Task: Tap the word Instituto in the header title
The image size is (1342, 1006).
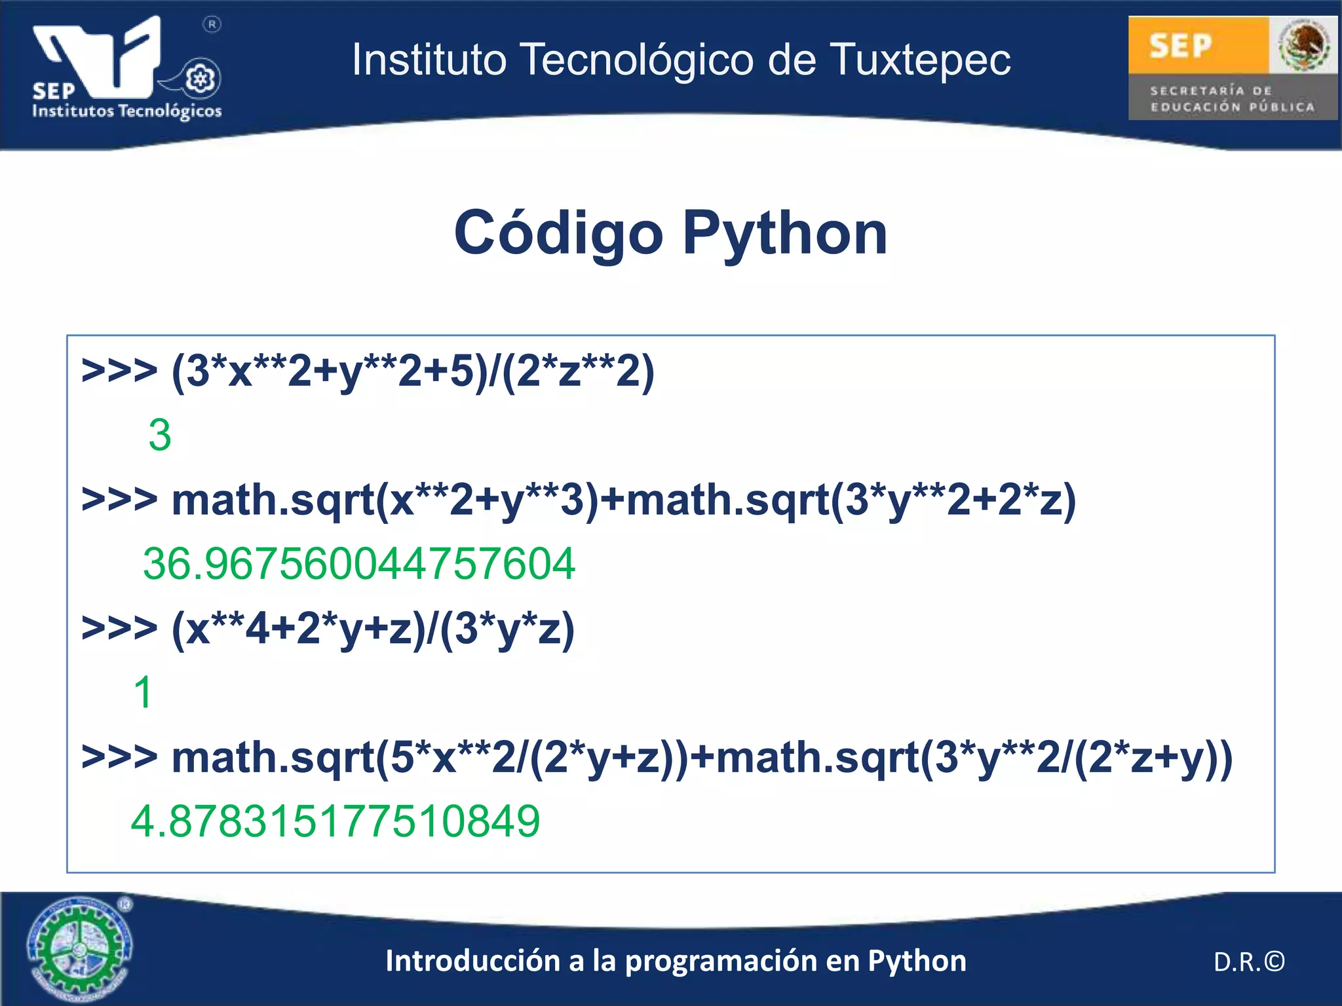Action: pos(429,60)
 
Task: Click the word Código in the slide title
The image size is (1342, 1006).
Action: pos(558,233)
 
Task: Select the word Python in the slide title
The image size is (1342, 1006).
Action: pos(785,233)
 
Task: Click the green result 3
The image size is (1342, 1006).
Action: pos(160,435)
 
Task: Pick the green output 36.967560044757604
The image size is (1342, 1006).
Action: pos(359,563)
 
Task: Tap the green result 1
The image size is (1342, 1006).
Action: pos(143,692)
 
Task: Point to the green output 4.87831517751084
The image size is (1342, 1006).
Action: pos(335,821)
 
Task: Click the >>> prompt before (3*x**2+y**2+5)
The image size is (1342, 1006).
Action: pos(119,371)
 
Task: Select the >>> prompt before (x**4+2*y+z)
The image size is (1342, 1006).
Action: pos(119,628)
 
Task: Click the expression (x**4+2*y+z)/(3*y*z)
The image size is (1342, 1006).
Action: pos(373,629)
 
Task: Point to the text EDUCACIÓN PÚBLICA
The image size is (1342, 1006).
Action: pos(1232,107)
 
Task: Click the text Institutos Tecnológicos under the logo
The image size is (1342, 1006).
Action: pos(127,111)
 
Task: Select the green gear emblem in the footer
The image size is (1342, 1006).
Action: pos(79,948)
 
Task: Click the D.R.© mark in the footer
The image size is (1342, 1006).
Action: pos(1249,961)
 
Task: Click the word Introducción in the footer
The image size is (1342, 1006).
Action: pos(473,961)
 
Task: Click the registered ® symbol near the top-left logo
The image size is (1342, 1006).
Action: pos(212,25)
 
